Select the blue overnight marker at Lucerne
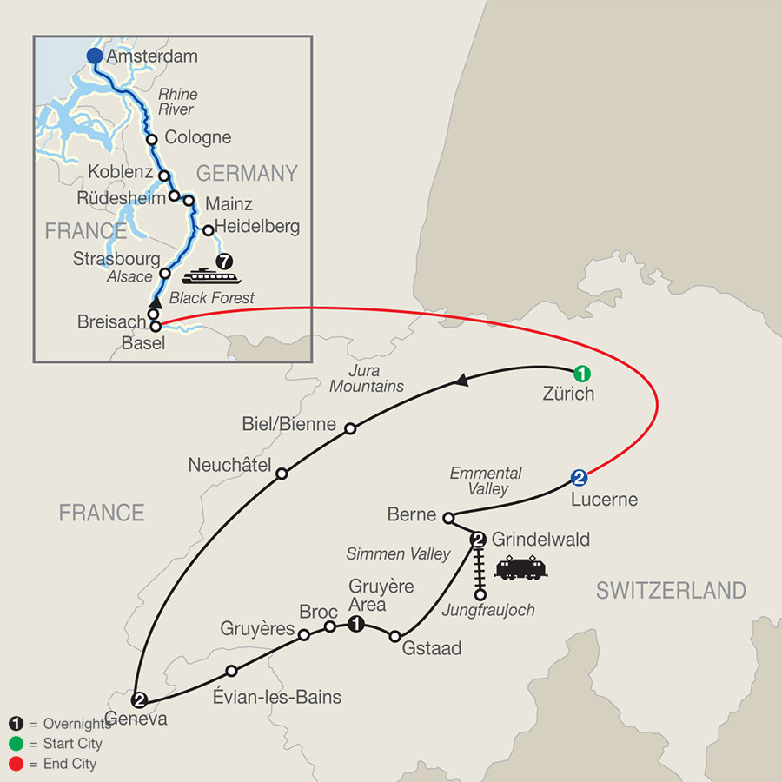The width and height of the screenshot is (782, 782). click(x=580, y=478)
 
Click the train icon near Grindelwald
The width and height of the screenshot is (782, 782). click(x=521, y=569)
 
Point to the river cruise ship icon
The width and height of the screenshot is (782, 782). click(x=209, y=276)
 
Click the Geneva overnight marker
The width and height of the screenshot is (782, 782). click(x=137, y=698)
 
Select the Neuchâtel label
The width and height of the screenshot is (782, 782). click(x=229, y=465)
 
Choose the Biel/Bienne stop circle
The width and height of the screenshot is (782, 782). click(x=350, y=428)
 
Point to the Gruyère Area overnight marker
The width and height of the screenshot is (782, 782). click(x=355, y=624)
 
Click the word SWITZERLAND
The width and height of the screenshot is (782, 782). click(x=670, y=591)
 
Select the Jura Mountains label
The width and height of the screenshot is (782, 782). click(x=366, y=378)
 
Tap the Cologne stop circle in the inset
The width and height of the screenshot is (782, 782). click(x=151, y=139)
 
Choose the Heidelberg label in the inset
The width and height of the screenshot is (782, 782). click(x=260, y=227)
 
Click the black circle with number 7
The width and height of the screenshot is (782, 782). click(x=225, y=260)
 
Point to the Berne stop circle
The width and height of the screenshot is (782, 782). click(x=447, y=519)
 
